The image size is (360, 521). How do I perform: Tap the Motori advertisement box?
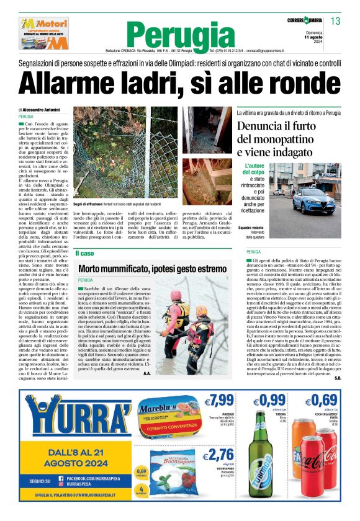[44, 33]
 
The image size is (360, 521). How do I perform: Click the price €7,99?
[221, 399]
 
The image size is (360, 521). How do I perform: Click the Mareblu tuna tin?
[164, 418]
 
